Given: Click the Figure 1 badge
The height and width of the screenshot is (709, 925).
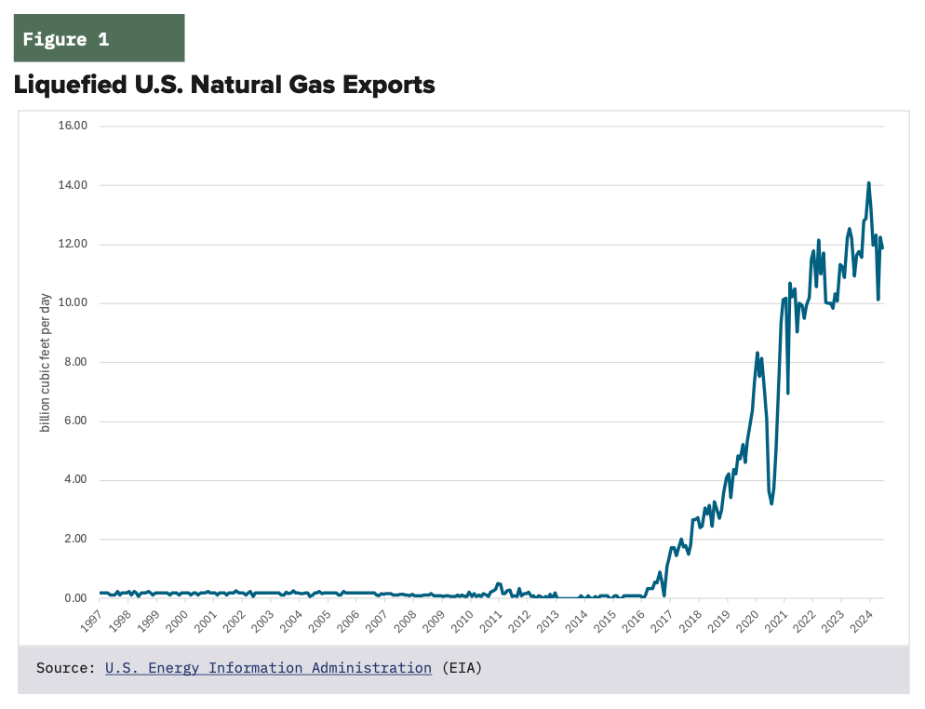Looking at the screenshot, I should click(99, 39).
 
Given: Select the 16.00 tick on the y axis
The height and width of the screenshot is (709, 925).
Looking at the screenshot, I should click(73, 126).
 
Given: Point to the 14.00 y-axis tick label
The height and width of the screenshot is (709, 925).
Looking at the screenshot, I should click(73, 185).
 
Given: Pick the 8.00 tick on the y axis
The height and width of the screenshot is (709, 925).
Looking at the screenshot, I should click(75, 362).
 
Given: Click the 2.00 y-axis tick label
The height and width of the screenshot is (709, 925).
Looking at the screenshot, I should click(75, 539).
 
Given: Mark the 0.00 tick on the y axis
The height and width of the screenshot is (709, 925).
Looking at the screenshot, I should click(75, 598).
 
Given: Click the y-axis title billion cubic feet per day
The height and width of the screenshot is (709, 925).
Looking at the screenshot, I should click(45, 363).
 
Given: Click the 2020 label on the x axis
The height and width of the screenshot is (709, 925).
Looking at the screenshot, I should click(752, 621).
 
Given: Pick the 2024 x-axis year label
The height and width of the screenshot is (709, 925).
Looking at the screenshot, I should click(865, 621).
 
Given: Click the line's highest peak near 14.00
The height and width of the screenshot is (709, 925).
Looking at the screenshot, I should click(868, 183).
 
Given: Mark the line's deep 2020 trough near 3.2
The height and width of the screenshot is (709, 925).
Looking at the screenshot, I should click(771, 503).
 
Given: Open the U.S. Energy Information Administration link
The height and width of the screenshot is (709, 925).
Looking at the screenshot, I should click(268, 668).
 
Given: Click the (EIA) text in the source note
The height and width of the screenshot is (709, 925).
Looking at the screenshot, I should click(462, 668).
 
